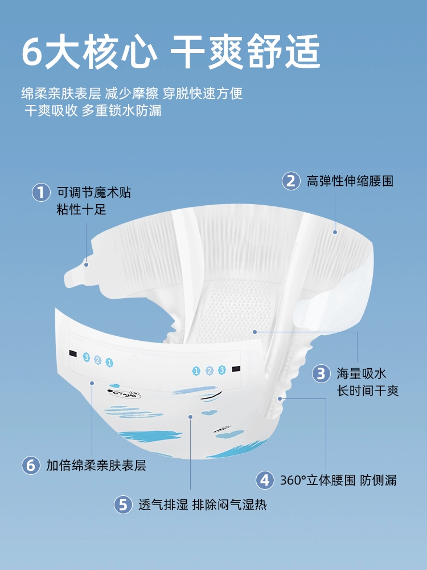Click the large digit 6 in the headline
(x=32, y=52)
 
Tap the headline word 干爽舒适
(x=245, y=51)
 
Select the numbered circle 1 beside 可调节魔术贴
(x=41, y=192)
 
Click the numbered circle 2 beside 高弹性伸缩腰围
(x=291, y=181)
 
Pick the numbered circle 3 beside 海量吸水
(x=321, y=373)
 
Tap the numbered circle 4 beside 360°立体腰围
(x=265, y=480)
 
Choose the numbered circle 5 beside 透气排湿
(x=123, y=505)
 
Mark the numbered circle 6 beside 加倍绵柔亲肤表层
(x=31, y=465)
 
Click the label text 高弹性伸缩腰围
(x=350, y=181)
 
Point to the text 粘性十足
(x=81, y=209)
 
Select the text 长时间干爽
(x=368, y=391)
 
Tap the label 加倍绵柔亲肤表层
(x=96, y=465)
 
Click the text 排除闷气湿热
(x=229, y=505)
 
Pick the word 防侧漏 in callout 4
(x=379, y=480)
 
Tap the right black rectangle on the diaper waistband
(x=236, y=369)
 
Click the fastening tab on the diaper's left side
(x=78, y=274)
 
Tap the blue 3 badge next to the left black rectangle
(x=86, y=357)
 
